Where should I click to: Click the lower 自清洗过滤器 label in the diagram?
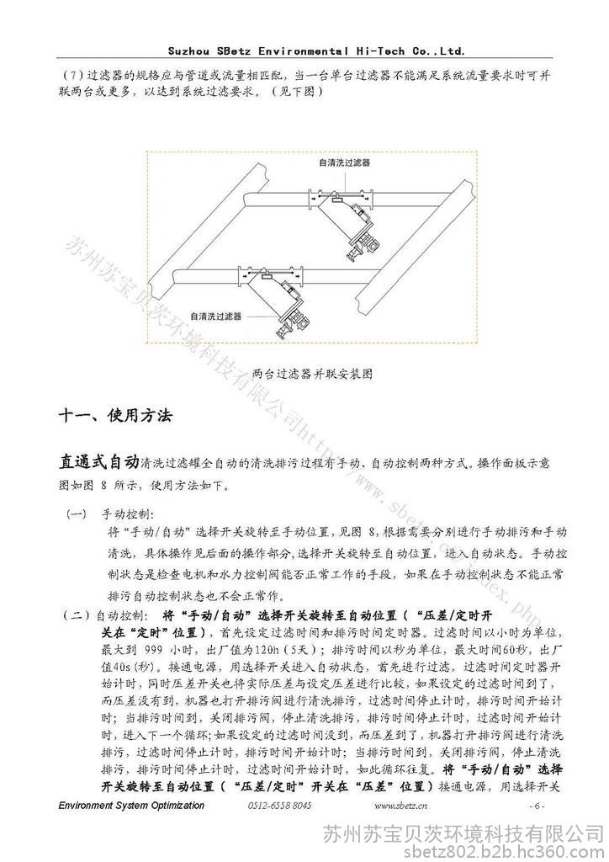216,317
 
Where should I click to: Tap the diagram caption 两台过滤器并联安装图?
312,372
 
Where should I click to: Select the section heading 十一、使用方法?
115,415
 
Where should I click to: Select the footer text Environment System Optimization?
131,806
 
